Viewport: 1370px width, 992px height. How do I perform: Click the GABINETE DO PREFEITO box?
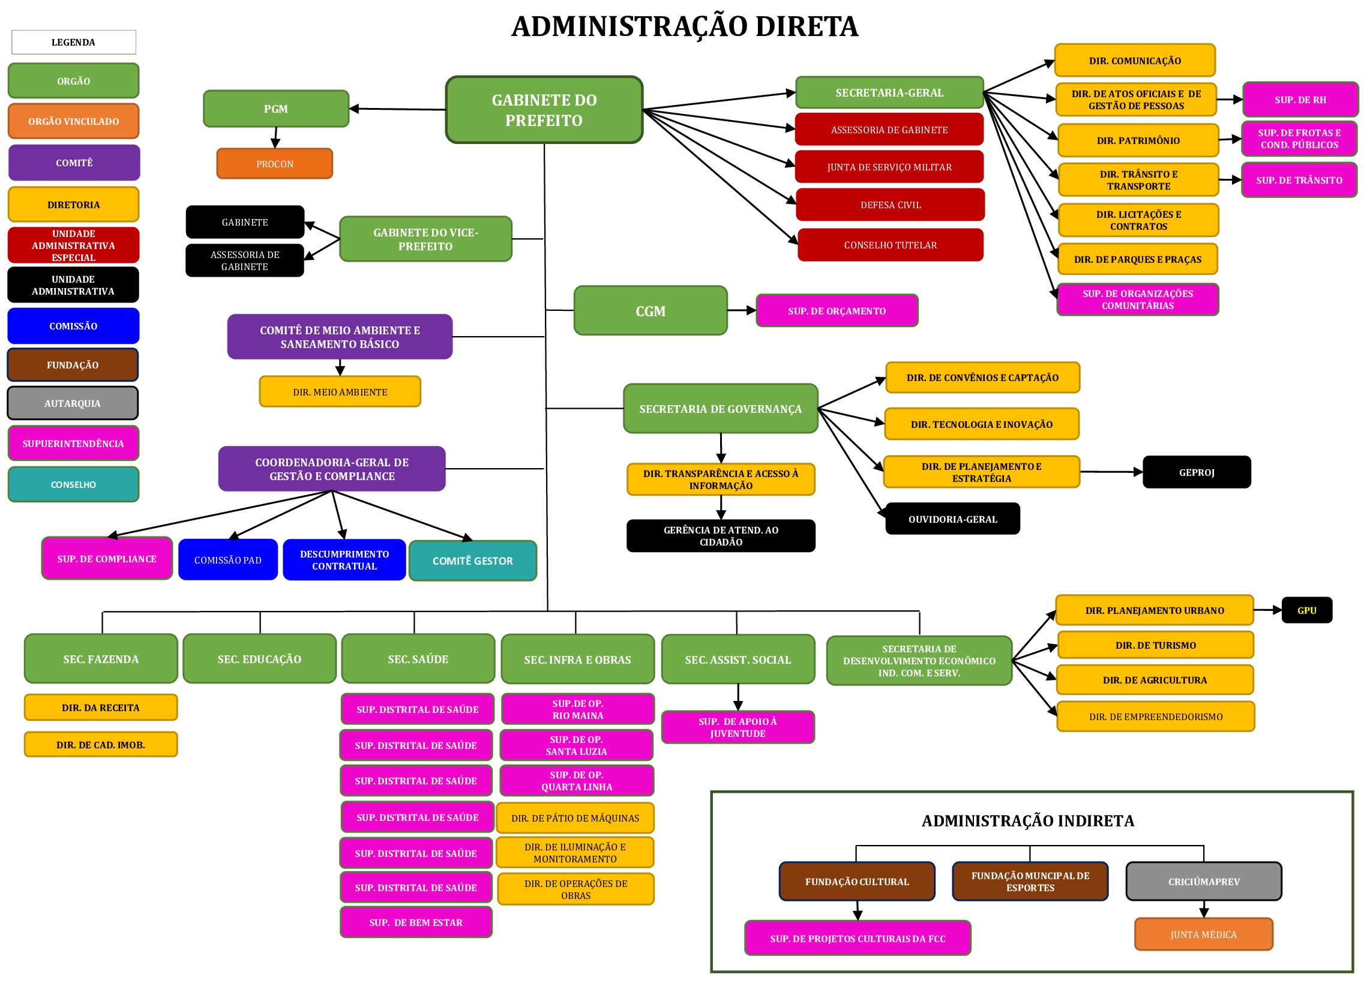(x=544, y=110)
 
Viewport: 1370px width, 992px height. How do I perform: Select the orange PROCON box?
(x=274, y=164)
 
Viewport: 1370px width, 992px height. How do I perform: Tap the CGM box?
(x=650, y=310)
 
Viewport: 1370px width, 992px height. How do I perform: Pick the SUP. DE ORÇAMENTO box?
(x=837, y=310)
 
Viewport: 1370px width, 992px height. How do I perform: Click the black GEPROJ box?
(x=1196, y=472)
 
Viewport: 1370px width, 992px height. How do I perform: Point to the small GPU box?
(x=1306, y=610)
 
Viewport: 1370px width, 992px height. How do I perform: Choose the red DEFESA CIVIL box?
(x=891, y=205)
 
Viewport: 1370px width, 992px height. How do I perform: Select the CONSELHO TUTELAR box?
(x=891, y=245)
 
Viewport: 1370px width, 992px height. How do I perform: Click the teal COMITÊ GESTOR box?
(x=472, y=561)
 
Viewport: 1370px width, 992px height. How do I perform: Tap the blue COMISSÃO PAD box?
(x=227, y=559)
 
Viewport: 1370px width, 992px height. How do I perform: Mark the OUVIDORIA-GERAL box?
(x=952, y=519)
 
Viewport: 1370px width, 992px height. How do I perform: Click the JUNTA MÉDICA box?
(x=1203, y=934)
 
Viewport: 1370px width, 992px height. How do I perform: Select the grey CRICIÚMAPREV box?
(x=1203, y=881)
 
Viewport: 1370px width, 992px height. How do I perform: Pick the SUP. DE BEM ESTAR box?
(x=416, y=922)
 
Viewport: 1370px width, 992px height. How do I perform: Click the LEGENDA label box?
(x=73, y=42)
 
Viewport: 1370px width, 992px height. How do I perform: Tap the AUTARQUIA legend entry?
(x=73, y=403)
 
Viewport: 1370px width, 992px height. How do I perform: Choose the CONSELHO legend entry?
(x=73, y=484)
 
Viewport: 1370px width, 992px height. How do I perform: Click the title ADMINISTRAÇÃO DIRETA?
(x=684, y=26)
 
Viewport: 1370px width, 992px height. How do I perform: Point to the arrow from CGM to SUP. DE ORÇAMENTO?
(x=741, y=310)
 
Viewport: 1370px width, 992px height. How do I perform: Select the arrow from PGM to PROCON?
(x=275, y=138)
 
